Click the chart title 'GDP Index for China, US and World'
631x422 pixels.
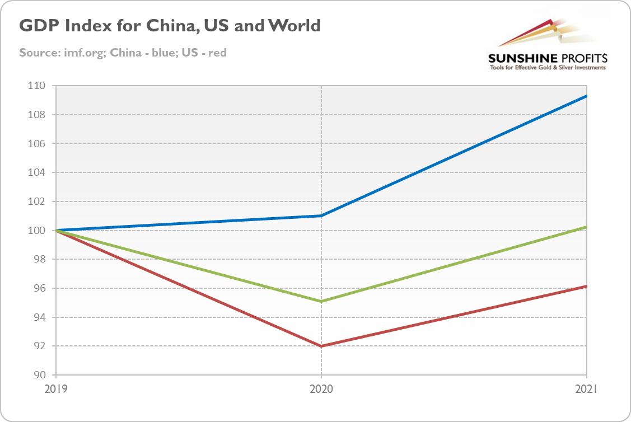pos(170,26)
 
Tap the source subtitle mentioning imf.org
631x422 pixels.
pos(123,53)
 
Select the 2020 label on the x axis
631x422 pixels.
pos(321,388)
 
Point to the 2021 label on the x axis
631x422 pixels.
pos(586,388)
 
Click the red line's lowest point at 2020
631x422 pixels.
pos(321,346)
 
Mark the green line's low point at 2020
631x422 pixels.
pos(321,302)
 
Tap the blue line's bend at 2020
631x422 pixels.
pos(321,215)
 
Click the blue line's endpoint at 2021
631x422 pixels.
pos(586,96)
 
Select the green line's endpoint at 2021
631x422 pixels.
pos(586,227)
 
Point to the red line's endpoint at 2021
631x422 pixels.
pos(586,287)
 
